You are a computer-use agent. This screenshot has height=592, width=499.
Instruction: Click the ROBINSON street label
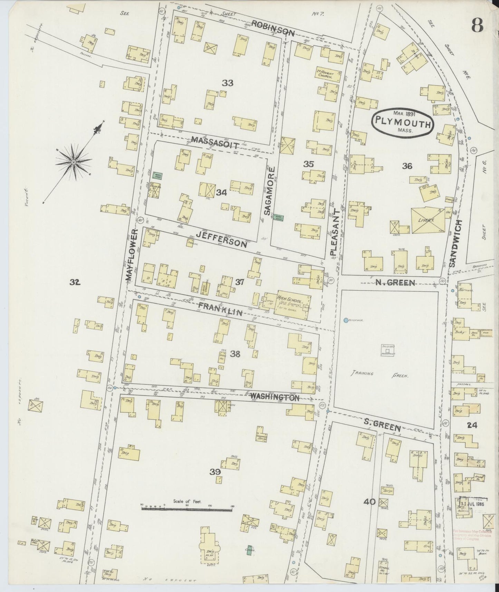pos(273,28)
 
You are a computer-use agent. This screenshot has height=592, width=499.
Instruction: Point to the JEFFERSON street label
pos(221,239)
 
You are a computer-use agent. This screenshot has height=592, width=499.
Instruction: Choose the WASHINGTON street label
pos(275,397)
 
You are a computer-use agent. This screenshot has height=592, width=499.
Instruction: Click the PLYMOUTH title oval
pos(403,124)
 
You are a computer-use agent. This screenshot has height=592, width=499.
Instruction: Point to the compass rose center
pos(74,162)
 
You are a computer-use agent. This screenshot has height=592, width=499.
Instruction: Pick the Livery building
pos(427,220)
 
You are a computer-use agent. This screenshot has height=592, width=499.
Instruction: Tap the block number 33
pos(228,83)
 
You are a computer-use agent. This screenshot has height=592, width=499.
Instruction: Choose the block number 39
pos(216,472)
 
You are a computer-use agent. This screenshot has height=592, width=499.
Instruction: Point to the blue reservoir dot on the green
pos(346,321)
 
